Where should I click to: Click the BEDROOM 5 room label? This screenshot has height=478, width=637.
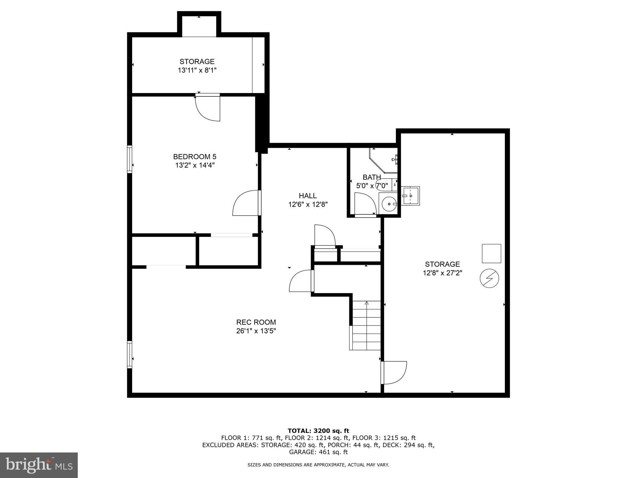[x=195, y=157]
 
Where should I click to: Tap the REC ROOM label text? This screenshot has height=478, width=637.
[x=256, y=322]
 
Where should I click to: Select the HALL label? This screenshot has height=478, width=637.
[x=308, y=196]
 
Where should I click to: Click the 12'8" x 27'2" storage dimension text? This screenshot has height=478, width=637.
[x=442, y=273]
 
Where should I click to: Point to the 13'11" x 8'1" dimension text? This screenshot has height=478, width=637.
[x=197, y=70]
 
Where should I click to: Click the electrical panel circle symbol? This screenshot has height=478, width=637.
[x=489, y=278]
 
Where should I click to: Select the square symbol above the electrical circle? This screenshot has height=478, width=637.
[x=491, y=253]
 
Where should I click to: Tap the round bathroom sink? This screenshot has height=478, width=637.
[x=388, y=204]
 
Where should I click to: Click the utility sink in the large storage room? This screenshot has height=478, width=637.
[x=410, y=196]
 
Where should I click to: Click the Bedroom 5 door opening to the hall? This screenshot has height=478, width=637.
[x=246, y=203]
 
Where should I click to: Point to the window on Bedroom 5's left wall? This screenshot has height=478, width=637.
[x=130, y=159]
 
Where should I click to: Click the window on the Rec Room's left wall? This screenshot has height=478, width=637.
[x=130, y=355]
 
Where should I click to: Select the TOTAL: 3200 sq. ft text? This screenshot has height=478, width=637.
[x=318, y=431]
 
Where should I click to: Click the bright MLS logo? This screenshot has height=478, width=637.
[x=39, y=465]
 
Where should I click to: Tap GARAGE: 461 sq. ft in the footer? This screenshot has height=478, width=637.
[x=318, y=452]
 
